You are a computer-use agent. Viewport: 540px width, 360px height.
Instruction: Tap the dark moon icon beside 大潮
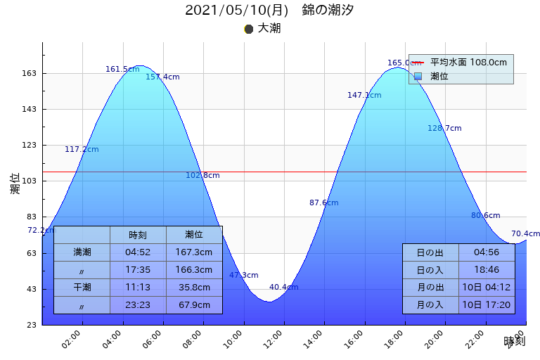pos(248,29)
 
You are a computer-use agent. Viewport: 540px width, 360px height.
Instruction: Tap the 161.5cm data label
pos(122,69)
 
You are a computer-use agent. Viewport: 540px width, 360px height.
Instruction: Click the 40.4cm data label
pos(283,287)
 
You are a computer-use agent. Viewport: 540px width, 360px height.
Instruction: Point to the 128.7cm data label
pos(444,128)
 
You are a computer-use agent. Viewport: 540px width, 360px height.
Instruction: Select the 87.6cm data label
pos(323,202)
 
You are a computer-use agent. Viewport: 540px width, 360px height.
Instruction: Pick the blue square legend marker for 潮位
pos(418,76)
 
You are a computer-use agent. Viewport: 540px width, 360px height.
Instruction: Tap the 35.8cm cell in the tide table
pos(194,288)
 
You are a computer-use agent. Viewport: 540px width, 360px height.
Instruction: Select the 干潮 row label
pos(82,288)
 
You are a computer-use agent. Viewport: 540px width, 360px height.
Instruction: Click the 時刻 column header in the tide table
pos(138,235)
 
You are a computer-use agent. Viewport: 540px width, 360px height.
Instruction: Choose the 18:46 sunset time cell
pos(487,270)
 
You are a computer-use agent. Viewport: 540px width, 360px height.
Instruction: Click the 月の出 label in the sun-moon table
pos(430,288)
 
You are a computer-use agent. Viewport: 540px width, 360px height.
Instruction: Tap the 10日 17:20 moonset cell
pos(487,305)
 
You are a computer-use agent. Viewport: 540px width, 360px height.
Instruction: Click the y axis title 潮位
pos(15,184)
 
